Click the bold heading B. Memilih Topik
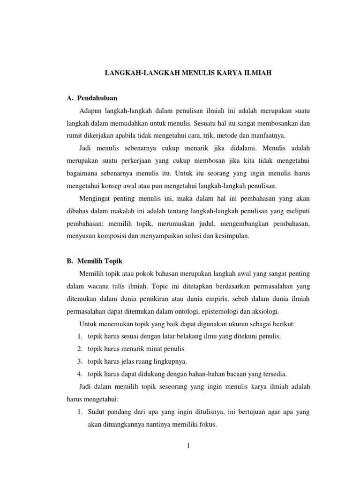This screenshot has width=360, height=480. click(94, 261)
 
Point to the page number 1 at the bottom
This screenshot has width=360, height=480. click(187, 446)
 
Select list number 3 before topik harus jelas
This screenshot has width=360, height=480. click(80, 361)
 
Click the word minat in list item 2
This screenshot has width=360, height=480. click(150, 349)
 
